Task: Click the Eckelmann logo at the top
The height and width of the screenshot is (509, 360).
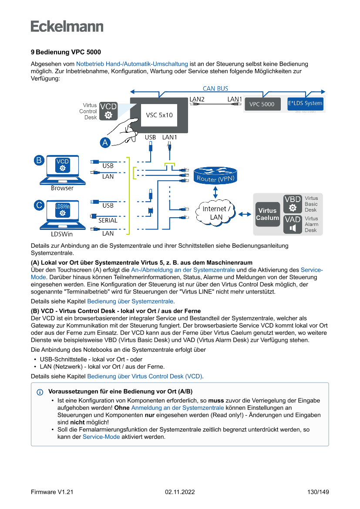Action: [67, 26]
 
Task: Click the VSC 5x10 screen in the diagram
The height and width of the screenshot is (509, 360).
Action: [159, 115]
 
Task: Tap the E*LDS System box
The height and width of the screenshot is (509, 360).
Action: [305, 104]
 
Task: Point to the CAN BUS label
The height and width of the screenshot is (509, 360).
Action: [215, 88]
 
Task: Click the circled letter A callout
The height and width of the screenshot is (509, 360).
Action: [105, 142]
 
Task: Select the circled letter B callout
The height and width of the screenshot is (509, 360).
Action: [39, 160]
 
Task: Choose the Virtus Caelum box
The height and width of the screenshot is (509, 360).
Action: [267, 214]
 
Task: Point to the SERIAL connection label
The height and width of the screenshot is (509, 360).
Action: [108, 220]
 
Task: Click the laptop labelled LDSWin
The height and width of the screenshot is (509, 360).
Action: [62, 216]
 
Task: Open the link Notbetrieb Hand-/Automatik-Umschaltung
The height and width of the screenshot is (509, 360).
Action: [132, 64]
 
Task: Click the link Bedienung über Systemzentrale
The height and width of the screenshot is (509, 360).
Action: [131, 301]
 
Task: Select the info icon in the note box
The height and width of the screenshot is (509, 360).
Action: [40, 392]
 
